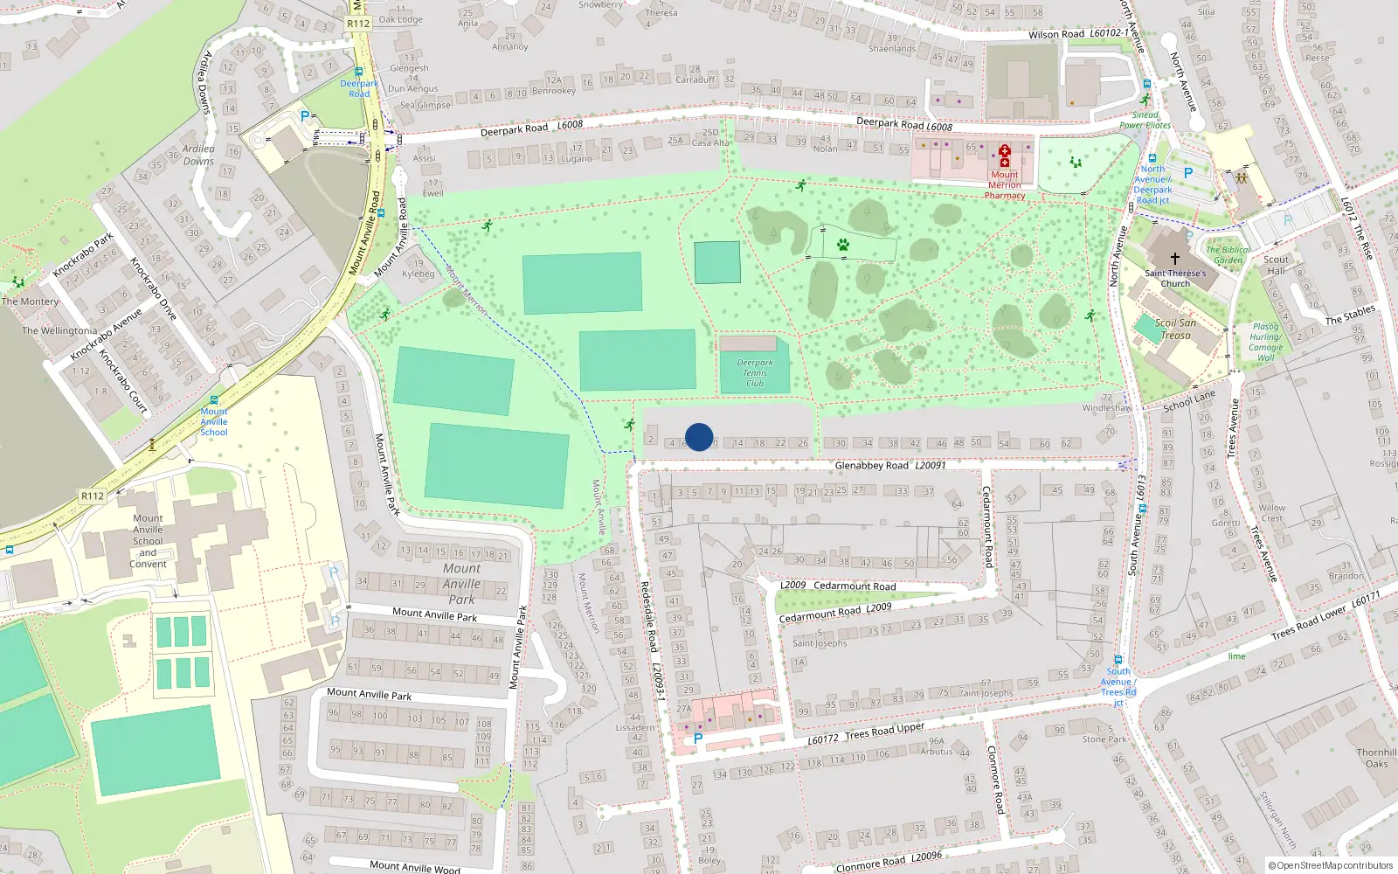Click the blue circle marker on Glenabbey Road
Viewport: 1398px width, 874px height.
pyautogui.click(x=699, y=437)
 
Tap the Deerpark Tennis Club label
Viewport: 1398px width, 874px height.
pyautogui.click(x=755, y=373)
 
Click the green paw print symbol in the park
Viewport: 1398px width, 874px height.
pyautogui.click(x=842, y=246)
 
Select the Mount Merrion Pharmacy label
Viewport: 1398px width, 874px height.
pyautogui.click(x=1005, y=185)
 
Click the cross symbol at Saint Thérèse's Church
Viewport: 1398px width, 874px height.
pyautogui.click(x=1175, y=259)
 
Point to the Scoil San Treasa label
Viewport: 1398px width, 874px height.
pyautogui.click(x=1175, y=329)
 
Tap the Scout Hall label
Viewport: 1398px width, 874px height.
pyautogui.click(x=1276, y=265)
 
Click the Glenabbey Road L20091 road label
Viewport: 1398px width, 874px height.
pyautogui.click(x=889, y=466)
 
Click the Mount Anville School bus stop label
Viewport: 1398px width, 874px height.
pyautogui.click(x=214, y=421)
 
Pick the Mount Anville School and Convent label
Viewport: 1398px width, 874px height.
pyautogui.click(x=148, y=541)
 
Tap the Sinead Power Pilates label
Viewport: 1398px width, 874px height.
pyautogui.click(x=1145, y=120)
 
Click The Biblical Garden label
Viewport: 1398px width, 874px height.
pyautogui.click(x=1228, y=254)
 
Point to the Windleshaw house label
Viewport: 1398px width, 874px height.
pyautogui.click(x=1106, y=408)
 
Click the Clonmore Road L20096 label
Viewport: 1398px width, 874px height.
pyautogui.click(x=889, y=861)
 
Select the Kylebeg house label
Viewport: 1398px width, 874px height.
pyautogui.click(x=418, y=274)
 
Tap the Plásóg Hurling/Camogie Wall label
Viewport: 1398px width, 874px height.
pyautogui.click(x=1265, y=342)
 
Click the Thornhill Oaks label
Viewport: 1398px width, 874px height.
pyautogui.click(x=1376, y=758)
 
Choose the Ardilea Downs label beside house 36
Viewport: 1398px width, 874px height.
pyautogui.click(x=198, y=155)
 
